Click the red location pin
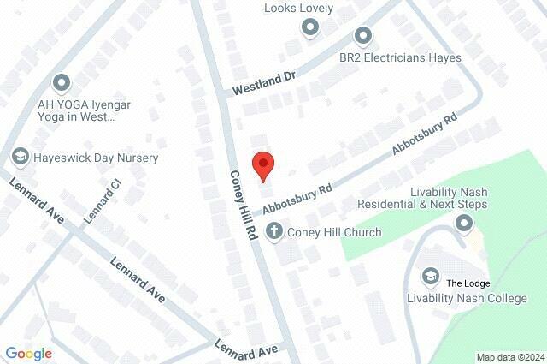[x=263, y=164]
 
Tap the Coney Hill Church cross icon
[x=273, y=231]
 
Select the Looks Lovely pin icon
[x=309, y=27]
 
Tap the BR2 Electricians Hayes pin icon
[x=363, y=36]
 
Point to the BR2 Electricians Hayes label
[x=400, y=57]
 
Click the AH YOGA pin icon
[x=61, y=83]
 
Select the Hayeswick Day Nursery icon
[x=20, y=158]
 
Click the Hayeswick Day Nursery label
[x=96, y=158]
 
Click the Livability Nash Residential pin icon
[x=464, y=224]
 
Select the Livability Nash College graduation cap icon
[x=430, y=275]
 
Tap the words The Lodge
[x=466, y=283]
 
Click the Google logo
[x=28, y=353]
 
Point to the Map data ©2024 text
[x=509, y=357]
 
